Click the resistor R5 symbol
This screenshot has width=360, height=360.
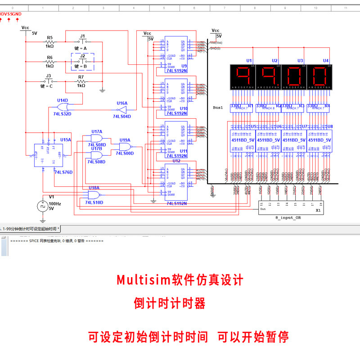point(49,41)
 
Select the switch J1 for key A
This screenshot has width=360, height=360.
point(82,41)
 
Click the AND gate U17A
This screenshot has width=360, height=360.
point(96,139)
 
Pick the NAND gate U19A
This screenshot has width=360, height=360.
point(125,147)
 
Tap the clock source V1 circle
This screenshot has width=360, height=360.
point(42,206)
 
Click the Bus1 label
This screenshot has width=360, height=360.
point(218,108)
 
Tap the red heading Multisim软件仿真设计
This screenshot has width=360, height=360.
point(180,280)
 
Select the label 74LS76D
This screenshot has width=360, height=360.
point(63,172)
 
